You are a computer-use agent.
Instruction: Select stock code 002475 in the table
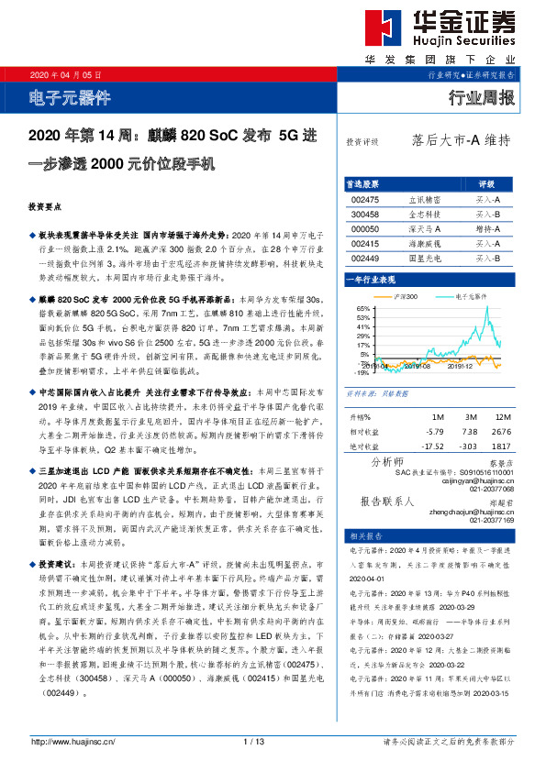click(365, 198)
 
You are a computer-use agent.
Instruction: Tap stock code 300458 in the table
click(365, 213)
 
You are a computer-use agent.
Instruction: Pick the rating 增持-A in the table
click(487, 228)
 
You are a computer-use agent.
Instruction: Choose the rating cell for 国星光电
click(487, 259)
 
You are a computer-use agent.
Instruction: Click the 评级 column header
click(487, 183)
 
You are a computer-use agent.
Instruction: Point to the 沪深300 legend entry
click(406, 297)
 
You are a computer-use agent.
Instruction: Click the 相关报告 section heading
click(361, 535)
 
